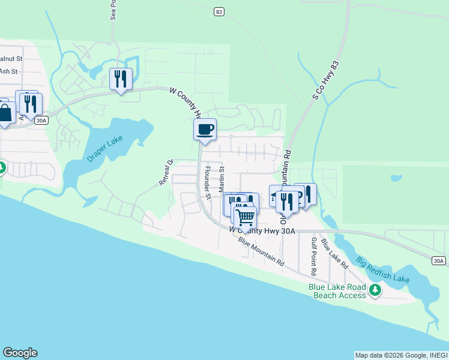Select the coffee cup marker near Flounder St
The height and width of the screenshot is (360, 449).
pyautogui.click(x=205, y=130)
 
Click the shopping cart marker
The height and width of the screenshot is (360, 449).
pyautogui.click(x=245, y=217)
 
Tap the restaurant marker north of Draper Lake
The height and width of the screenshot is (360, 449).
pyautogui.click(x=121, y=79)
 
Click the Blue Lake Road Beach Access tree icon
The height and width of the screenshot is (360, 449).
pyautogui.click(x=376, y=290)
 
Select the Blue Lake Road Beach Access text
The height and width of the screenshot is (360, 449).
pyautogui.click(x=337, y=291)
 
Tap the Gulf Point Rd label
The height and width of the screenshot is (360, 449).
pyautogui.click(x=313, y=251)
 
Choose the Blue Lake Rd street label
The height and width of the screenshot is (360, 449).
pyautogui.click(x=334, y=253)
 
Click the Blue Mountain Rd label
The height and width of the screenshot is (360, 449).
pyautogui.click(x=261, y=251)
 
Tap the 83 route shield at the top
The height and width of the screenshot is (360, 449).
pyautogui.click(x=218, y=11)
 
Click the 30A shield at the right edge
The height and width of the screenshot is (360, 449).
pyautogui.click(x=439, y=260)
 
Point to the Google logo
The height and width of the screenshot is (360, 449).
pyautogui.click(x=20, y=353)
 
